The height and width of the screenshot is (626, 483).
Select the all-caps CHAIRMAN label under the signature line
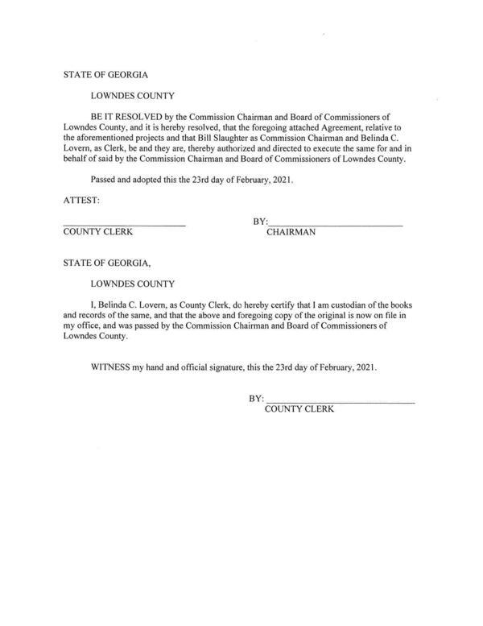(291, 232)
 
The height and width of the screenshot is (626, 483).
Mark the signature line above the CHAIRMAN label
(335, 223)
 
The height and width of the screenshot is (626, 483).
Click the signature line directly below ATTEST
(124, 223)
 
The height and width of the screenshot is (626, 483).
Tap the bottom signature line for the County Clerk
(340, 400)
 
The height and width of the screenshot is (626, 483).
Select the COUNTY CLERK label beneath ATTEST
(98, 232)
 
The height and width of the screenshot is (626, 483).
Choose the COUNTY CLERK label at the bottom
(299, 409)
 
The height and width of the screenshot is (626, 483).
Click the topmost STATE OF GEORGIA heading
(105, 75)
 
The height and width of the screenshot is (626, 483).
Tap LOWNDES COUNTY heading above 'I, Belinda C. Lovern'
(132, 284)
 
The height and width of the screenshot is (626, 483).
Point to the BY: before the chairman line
(259, 222)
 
